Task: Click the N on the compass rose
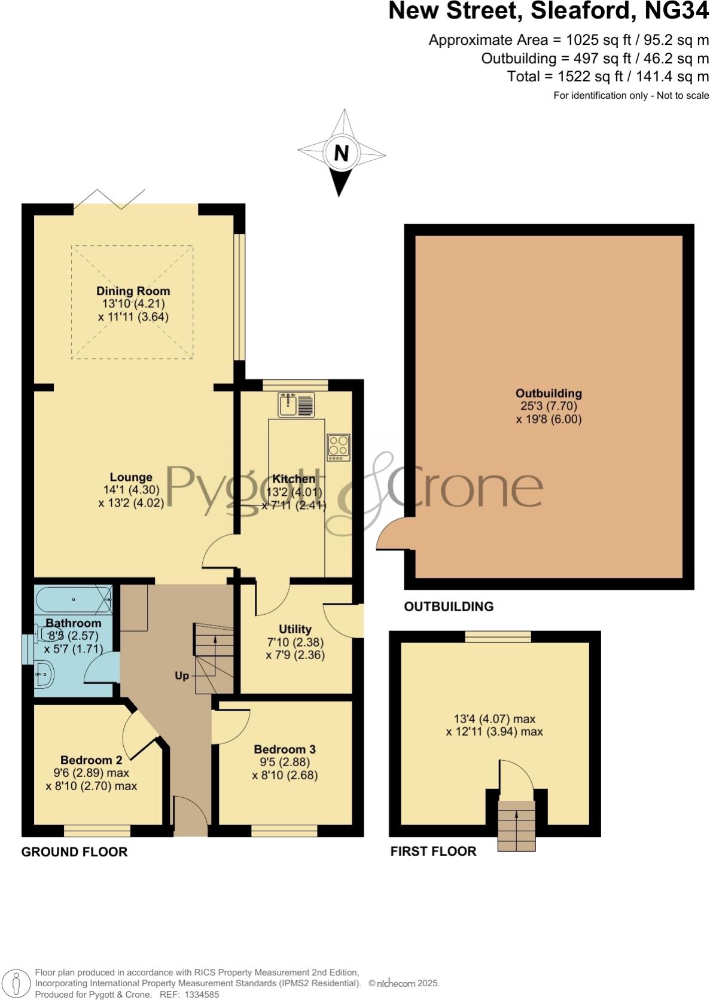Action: tap(341, 153)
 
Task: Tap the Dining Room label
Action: tap(133, 291)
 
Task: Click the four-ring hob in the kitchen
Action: tap(339, 447)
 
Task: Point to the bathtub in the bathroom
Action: tap(73, 599)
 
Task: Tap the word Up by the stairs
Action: tap(182, 676)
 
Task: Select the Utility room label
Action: tap(295, 629)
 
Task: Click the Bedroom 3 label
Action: tap(285, 749)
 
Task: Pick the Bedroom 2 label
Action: tap(91, 760)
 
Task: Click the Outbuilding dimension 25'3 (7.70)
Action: tap(549, 406)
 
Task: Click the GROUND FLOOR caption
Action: tap(74, 852)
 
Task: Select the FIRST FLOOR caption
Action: tap(433, 851)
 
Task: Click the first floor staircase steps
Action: tap(517, 825)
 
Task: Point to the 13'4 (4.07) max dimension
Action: tap(494, 719)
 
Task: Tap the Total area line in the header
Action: tap(607, 77)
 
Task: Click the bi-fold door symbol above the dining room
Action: tap(110, 199)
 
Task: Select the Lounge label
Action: tap(131, 477)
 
